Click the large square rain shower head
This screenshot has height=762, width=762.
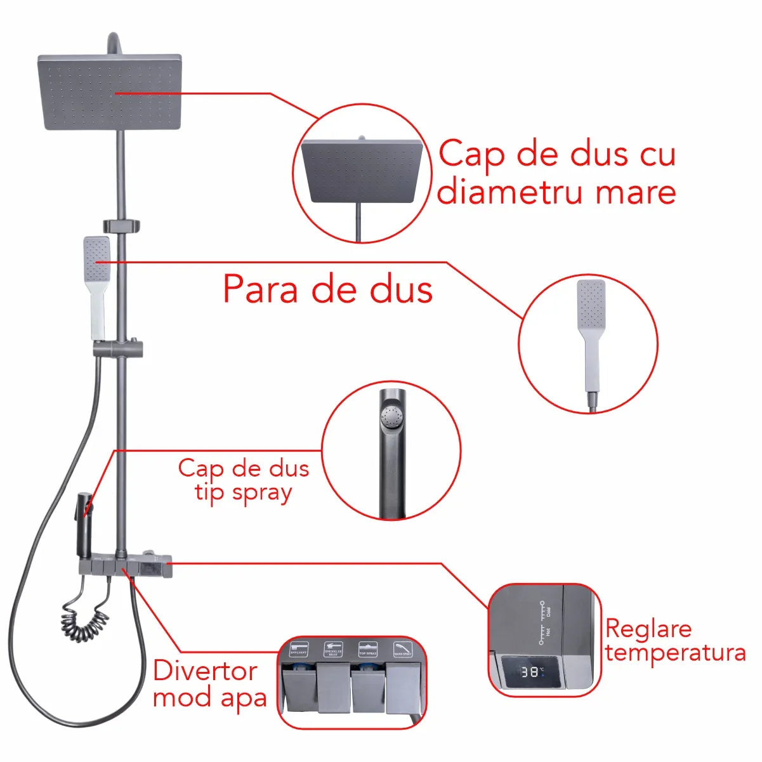tap(109, 92)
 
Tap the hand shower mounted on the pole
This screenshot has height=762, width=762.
tap(96, 286)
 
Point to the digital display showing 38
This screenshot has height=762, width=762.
tap(532, 671)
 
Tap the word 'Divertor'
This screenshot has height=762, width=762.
tap(205, 671)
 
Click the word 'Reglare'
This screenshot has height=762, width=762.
tap(648, 629)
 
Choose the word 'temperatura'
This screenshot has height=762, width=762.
tap(675, 653)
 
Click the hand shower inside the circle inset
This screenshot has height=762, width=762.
tap(591, 330)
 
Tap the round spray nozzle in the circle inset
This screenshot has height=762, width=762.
tap(391, 417)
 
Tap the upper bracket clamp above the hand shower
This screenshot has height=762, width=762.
tap(121, 225)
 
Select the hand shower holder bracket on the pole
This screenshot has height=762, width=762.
tap(119, 348)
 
